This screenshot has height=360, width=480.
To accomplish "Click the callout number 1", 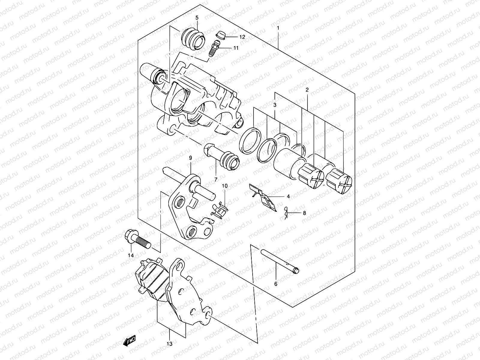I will pos(278,28).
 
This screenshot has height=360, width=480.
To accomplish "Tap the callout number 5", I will pos(197,18).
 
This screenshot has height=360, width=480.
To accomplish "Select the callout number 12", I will pos(242,37).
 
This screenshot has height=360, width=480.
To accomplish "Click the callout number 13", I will pos(169,344).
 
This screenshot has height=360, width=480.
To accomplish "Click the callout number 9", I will pos(190,158).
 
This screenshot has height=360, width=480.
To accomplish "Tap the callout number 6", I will pos(276,283).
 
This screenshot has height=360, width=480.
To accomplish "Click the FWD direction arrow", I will pos(129,341).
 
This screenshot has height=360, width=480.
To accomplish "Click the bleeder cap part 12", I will pos(220,35).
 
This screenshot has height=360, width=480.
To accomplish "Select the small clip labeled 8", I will pos(286,213).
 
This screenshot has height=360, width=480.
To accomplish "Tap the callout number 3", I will pos(274,105).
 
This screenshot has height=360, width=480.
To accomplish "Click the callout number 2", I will pos(307,90).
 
